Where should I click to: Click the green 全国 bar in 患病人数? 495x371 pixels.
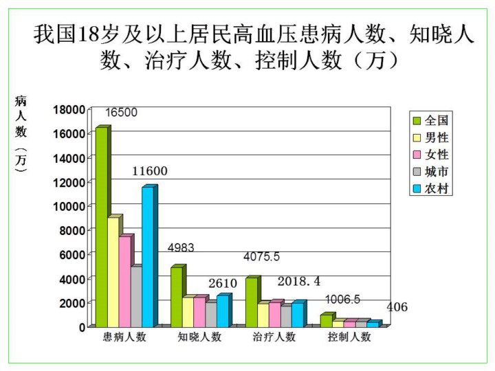pos(101,227)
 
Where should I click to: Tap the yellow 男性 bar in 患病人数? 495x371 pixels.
pos(113,271)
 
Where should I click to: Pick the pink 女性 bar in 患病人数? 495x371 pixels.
pos(124,281)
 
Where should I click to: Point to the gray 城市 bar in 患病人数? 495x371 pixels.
pos(135,296)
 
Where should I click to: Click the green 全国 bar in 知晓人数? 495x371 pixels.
pos(176,296)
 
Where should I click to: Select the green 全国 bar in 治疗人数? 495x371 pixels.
pos(251,302)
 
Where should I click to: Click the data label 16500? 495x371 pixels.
pos(121,113)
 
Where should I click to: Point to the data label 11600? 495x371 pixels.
pos(150,171)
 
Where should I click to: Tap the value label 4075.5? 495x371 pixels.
pos(262,257)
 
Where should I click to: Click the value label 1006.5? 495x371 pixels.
pos(342,300)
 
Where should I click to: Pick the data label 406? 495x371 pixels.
pos(397,307)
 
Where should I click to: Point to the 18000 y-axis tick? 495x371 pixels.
pos(70,109)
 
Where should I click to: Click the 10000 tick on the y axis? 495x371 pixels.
pos(70,206)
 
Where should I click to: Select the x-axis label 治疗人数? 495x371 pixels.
pos(274,337)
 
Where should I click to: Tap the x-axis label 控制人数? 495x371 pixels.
pos(349,337)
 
